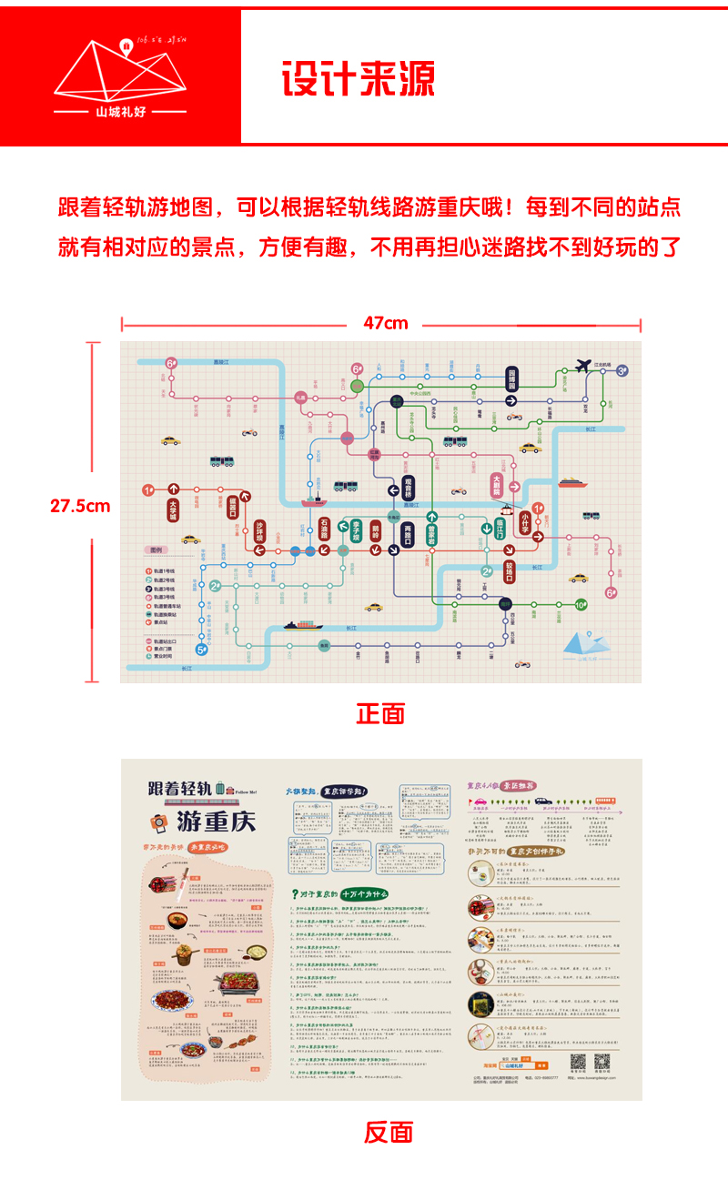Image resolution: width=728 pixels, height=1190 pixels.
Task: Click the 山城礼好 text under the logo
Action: click(120, 112)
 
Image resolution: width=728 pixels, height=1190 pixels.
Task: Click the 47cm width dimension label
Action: click(386, 323)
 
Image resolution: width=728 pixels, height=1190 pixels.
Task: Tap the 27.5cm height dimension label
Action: click(80, 506)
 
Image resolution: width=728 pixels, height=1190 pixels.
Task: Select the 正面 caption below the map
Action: click(380, 713)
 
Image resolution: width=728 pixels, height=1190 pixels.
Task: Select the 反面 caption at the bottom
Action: click(389, 1132)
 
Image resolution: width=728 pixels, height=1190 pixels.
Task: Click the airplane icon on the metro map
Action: click(583, 366)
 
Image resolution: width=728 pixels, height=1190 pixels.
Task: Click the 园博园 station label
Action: click(512, 378)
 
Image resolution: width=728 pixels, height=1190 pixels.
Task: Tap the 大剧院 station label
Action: click(498, 483)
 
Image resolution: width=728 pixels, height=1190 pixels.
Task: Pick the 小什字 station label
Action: click(525, 522)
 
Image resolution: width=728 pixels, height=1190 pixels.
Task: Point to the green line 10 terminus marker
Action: click(582, 604)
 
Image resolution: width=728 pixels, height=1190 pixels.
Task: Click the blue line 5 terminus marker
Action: click(203, 650)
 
